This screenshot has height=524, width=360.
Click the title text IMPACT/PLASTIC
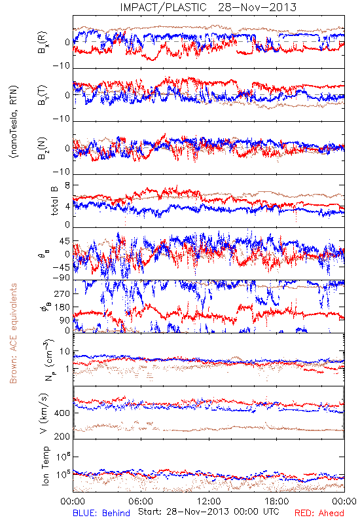(x=163, y=7)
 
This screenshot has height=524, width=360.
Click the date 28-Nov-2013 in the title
(x=257, y=7)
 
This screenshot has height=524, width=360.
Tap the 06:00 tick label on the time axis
(x=141, y=501)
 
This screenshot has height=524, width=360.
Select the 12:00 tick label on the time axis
(x=209, y=501)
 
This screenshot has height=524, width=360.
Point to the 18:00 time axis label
(x=277, y=501)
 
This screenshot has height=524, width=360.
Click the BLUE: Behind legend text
(x=101, y=513)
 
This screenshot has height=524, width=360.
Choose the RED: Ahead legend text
(x=319, y=513)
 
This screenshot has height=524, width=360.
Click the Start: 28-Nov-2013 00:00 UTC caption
(x=209, y=512)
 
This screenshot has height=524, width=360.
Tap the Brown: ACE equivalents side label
(x=13, y=333)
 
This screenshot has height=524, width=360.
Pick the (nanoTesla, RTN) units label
(x=14, y=122)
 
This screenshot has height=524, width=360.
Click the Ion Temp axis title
(x=45, y=466)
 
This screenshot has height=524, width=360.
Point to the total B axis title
(x=54, y=201)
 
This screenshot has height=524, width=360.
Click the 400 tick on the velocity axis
(x=62, y=413)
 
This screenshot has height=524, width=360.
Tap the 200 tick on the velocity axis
(x=62, y=436)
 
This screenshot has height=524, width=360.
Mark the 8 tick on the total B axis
(x=67, y=186)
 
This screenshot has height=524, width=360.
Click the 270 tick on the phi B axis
(x=62, y=294)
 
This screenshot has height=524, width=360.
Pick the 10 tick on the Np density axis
(x=65, y=352)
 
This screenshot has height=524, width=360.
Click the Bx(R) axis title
(x=43, y=43)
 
